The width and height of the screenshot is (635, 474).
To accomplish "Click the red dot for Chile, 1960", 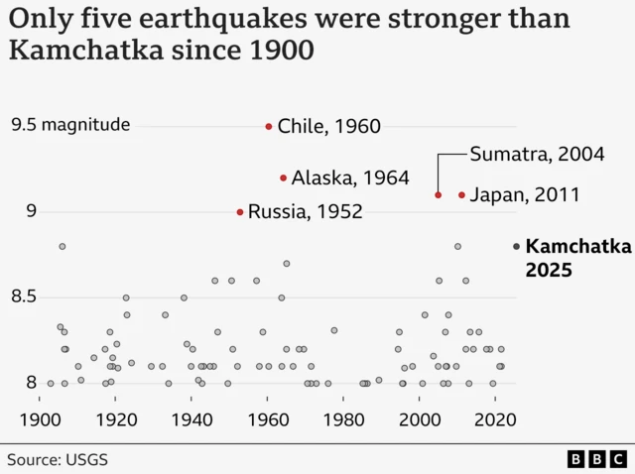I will (269, 126).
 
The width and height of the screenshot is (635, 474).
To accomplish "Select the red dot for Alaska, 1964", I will (284, 178).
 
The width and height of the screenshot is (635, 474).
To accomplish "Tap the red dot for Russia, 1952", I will (240, 211).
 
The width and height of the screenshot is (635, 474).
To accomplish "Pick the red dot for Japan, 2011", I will (461, 194).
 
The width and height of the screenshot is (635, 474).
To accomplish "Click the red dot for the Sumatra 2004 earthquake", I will (439, 194).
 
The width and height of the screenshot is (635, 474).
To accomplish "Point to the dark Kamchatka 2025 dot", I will (516, 246).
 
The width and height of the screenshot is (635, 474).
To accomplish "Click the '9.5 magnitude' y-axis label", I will (70, 125).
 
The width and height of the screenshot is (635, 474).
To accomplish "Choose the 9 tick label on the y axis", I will (31, 210).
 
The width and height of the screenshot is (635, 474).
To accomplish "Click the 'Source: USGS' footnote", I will (58, 459).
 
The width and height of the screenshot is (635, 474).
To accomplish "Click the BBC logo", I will (596, 459).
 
